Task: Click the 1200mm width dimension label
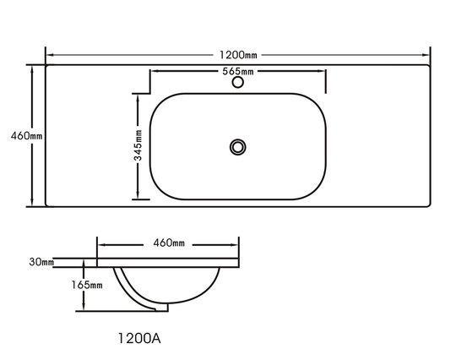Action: point(238,55)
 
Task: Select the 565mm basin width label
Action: point(238,71)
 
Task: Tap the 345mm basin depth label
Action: point(138,145)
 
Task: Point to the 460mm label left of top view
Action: point(26,136)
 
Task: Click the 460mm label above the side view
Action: point(169,243)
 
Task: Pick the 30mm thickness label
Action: point(41,262)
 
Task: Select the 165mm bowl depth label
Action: point(87,285)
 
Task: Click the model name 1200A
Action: point(139,338)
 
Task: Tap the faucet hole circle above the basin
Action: point(238,82)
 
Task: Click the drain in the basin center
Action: point(238,147)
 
